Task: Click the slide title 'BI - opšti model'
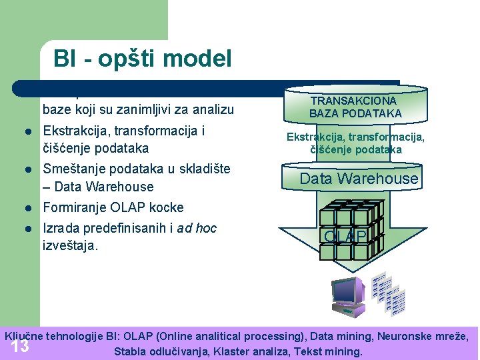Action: (x=143, y=59)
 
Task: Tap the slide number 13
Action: (x=20, y=347)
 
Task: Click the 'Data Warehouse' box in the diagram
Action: (x=359, y=179)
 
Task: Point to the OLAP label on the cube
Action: (x=345, y=237)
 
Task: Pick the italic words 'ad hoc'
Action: (x=197, y=228)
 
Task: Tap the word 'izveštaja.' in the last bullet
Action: (x=70, y=245)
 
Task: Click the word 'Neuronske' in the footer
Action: (x=395, y=336)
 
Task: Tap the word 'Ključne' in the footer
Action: (x=25, y=336)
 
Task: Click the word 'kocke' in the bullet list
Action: (x=167, y=207)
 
